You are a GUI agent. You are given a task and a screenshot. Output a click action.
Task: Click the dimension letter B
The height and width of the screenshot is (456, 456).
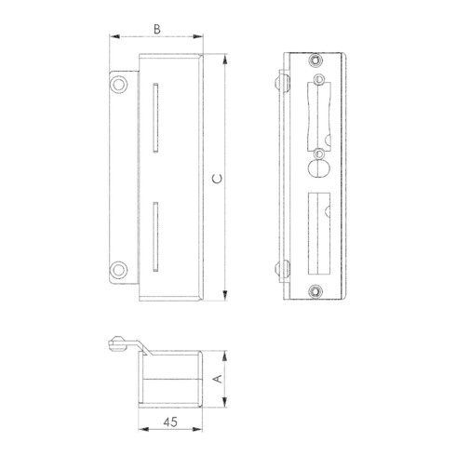(157, 30)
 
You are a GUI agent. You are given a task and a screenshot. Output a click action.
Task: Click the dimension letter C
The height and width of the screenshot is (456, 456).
(218, 179)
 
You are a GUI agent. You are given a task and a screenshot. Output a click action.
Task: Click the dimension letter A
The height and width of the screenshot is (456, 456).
(219, 379)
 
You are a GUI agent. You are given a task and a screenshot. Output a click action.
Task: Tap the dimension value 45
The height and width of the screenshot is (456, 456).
(170, 422)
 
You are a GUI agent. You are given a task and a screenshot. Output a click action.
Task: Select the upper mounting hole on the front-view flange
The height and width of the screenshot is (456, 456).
(118, 85)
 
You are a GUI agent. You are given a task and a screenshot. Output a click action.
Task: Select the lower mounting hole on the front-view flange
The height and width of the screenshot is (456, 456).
(118, 270)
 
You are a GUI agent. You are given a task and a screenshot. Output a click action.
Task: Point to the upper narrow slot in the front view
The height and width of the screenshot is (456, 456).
(155, 117)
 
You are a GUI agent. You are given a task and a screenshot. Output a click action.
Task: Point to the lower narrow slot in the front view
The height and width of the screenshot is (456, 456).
(155, 236)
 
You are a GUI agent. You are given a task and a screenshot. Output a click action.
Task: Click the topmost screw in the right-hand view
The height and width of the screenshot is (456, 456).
(315, 60)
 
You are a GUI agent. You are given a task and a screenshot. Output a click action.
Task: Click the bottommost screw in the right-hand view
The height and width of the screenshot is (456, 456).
(315, 291)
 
